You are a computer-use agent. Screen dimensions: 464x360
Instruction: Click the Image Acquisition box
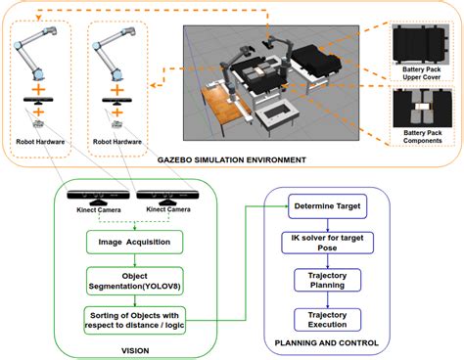134,242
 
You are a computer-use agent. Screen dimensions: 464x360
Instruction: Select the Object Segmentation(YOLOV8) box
135,281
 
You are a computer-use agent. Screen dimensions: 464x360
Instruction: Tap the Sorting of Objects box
135,320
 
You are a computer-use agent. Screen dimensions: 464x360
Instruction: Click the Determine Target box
328,206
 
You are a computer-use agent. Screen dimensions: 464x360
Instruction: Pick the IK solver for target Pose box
327,243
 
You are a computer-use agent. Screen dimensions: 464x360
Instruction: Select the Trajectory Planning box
328,280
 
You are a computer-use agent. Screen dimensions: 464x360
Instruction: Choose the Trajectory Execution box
328,320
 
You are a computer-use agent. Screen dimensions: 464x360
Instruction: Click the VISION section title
135,351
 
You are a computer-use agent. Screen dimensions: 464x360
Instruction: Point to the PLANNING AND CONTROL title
327,343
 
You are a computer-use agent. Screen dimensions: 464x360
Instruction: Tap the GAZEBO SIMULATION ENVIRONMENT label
232,160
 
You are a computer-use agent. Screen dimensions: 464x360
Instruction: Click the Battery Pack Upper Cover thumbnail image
421,44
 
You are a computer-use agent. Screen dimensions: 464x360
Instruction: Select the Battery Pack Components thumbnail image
423,108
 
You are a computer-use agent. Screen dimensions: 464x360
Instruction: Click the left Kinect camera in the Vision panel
98,197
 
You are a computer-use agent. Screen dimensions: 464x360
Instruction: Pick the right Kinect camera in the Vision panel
167,197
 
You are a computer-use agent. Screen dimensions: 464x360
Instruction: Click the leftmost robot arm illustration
35,54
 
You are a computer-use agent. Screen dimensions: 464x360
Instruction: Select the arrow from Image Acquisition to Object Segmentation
135,260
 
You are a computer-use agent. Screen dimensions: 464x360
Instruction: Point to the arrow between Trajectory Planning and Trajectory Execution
328,300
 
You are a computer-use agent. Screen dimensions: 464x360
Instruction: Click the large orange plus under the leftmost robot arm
38,90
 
